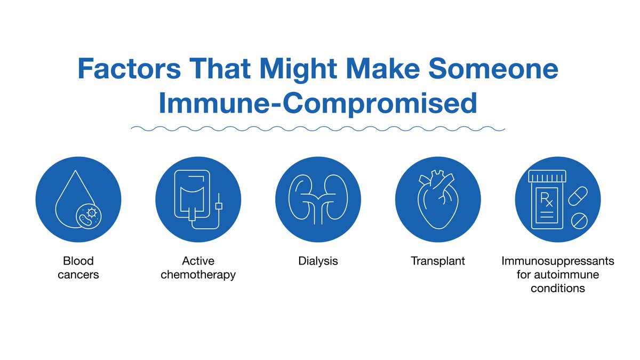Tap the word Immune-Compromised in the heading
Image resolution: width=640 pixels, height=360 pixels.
coord(318,103)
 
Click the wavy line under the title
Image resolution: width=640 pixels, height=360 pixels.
coord(318,129)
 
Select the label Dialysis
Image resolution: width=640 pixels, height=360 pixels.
coord(318,261)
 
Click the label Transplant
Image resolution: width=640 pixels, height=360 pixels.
coord(438,261)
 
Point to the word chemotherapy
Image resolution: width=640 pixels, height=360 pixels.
coord(198,275)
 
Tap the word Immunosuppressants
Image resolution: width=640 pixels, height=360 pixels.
coord(558,261)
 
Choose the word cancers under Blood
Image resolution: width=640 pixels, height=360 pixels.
coord(78,275)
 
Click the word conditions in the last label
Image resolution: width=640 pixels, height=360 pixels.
coord(558,289)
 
